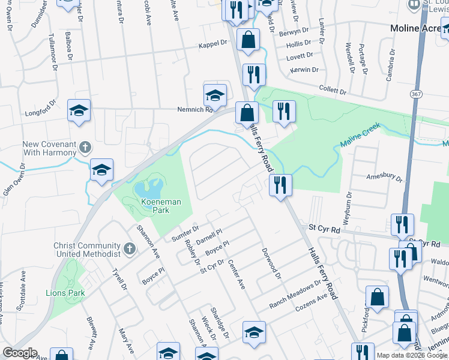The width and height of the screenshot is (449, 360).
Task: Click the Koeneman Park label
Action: click(x=161, y=203)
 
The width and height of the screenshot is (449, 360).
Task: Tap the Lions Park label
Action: click(x=65, y=293)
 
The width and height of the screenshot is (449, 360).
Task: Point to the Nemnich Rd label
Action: click(x=195, y=110)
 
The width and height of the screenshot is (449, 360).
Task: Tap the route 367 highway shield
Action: click(x=415, y=95)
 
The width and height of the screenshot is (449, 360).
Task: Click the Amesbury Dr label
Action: click(x=384, y=177)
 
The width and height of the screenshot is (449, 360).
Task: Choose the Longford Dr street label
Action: click(x=40, y=111)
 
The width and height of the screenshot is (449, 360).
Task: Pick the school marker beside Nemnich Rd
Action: click(x=215, y=94)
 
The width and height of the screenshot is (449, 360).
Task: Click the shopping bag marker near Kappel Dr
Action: click(x=248, y=40)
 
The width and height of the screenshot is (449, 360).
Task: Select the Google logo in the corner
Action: click(x=20, y=353)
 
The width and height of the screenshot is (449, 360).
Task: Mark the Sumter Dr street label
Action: click(x=185, y=232)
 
